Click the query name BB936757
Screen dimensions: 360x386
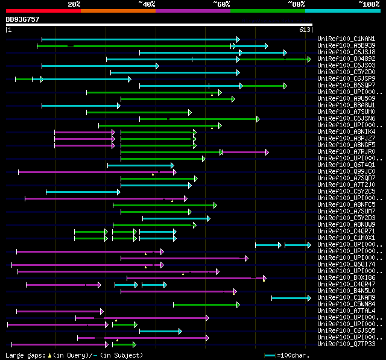click(x=22, y=19)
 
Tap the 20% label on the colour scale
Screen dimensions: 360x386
click(x=74, y=4)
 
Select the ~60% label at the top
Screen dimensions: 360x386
click(x=221, y=4)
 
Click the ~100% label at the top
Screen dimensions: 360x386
click(x=369, y=4)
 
